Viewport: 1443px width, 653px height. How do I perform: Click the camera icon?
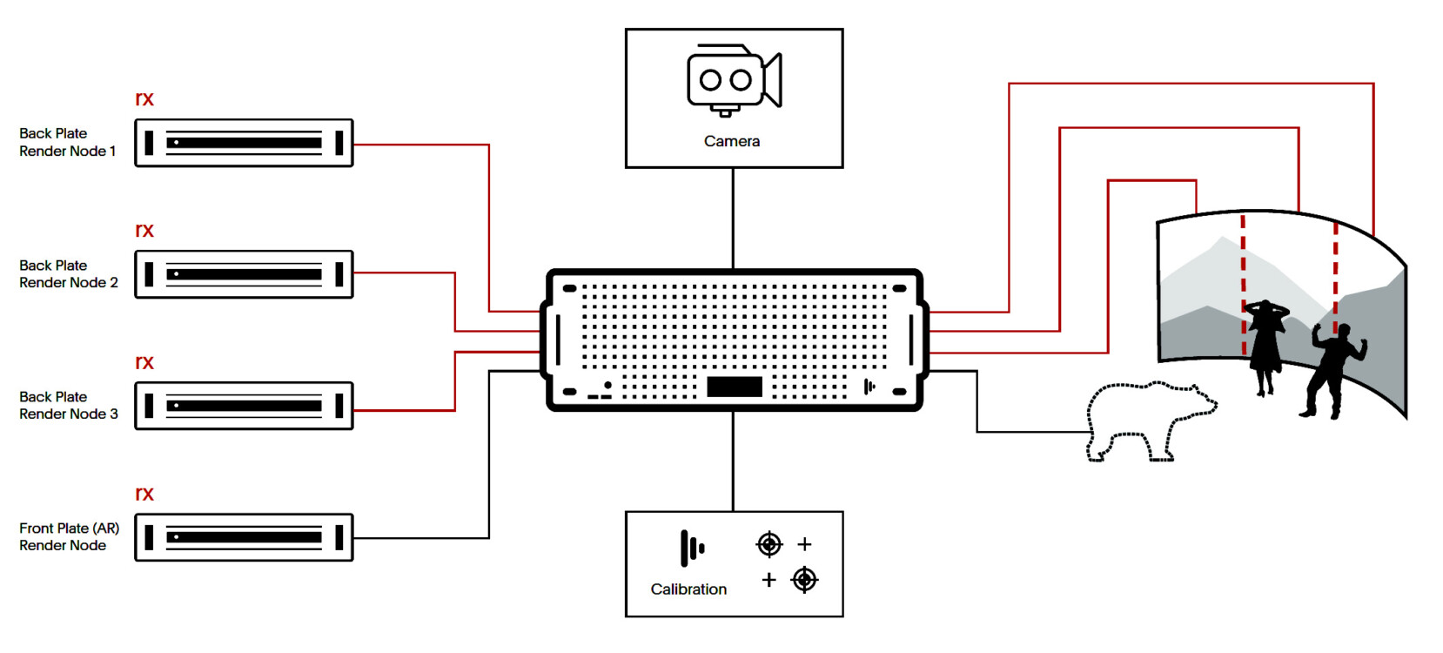pos(734,80)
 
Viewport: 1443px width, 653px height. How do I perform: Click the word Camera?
pos(732,141)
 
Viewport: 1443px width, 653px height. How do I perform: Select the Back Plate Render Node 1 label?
pos(67,142)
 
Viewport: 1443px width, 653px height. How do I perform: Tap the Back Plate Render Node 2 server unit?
pos(244,274)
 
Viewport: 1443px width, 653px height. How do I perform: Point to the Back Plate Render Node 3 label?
pos(68,405)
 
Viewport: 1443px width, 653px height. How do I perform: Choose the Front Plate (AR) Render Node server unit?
pos(244,537)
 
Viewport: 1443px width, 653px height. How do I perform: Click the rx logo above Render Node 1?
pos(144,99)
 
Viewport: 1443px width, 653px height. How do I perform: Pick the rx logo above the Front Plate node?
pos(144,495)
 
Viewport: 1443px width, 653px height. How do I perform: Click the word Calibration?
pos(688,589)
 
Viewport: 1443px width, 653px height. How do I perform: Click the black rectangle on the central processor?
pos(735,387)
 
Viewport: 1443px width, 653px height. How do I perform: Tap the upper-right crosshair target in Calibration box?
pos(769,544)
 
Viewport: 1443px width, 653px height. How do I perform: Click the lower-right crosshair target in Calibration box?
pos(805,579)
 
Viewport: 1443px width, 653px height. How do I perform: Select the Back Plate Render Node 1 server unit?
pos(244,143)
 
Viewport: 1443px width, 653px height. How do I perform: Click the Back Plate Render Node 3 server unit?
pos(244,406)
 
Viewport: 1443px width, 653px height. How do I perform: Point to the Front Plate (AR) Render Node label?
pos(69,536)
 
